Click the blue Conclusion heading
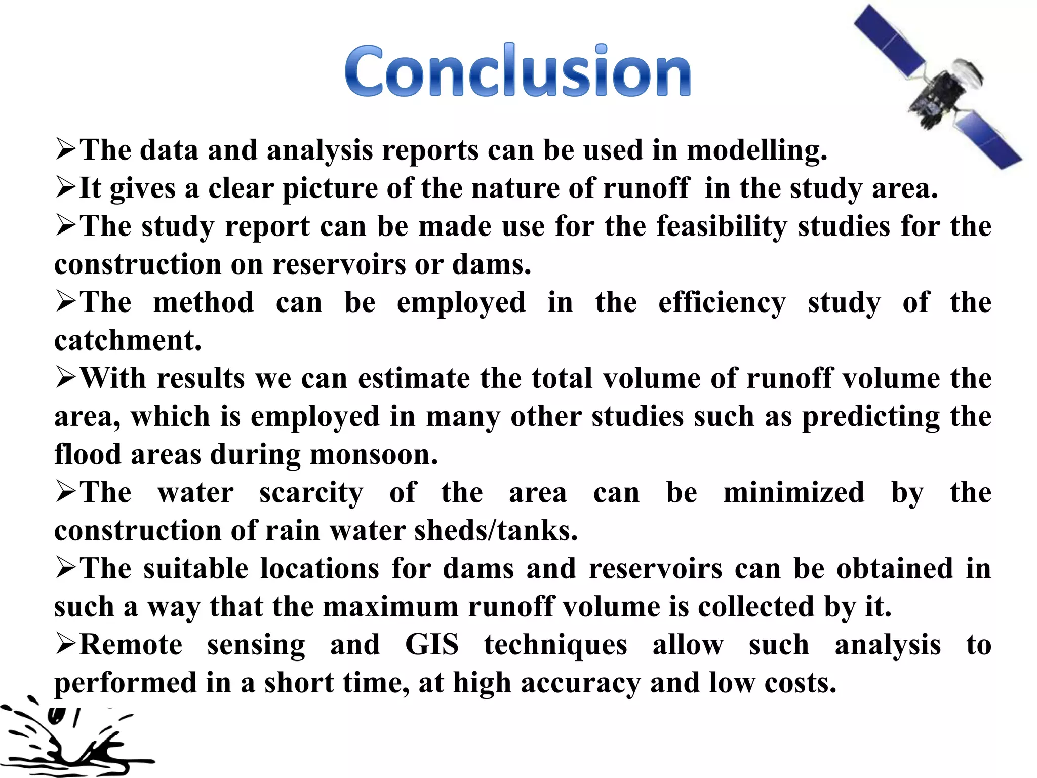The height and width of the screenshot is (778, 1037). coord(517,71)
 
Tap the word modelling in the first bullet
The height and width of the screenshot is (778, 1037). coord(756,151)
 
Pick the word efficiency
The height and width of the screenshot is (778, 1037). coord(722,303)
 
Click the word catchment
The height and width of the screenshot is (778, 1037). coord(128,340)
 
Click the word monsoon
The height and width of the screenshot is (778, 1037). coord(374,454)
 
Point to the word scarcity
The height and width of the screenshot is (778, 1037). coord(311,493)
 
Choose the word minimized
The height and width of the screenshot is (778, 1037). coord(793,493)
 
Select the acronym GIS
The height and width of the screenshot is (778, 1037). coord(432,645)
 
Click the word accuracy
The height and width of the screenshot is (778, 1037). coord(580,683)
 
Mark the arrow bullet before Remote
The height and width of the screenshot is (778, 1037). coord(66,644)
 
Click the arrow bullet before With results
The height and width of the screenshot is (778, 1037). coord(66,378)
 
